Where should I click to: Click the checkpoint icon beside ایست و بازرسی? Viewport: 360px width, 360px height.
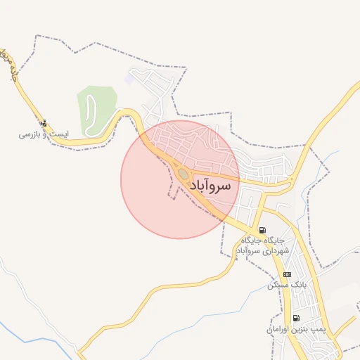click(x=45, y=124)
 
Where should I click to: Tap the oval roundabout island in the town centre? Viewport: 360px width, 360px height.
click(x=183, y=173)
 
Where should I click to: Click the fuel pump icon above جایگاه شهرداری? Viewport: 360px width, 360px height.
click(x=262, y=230)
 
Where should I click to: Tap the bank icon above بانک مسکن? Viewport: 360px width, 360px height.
click(x=286, y=274)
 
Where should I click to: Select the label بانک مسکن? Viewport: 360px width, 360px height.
click(x=285, y=285)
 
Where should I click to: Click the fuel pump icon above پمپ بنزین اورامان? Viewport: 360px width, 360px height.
click(x=295, y=318)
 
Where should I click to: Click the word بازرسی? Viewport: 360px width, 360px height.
click(x=27, y=133)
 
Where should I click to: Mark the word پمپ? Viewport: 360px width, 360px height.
click(x=314, y=328)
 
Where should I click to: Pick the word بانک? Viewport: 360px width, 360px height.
click(x=294, y=285)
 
